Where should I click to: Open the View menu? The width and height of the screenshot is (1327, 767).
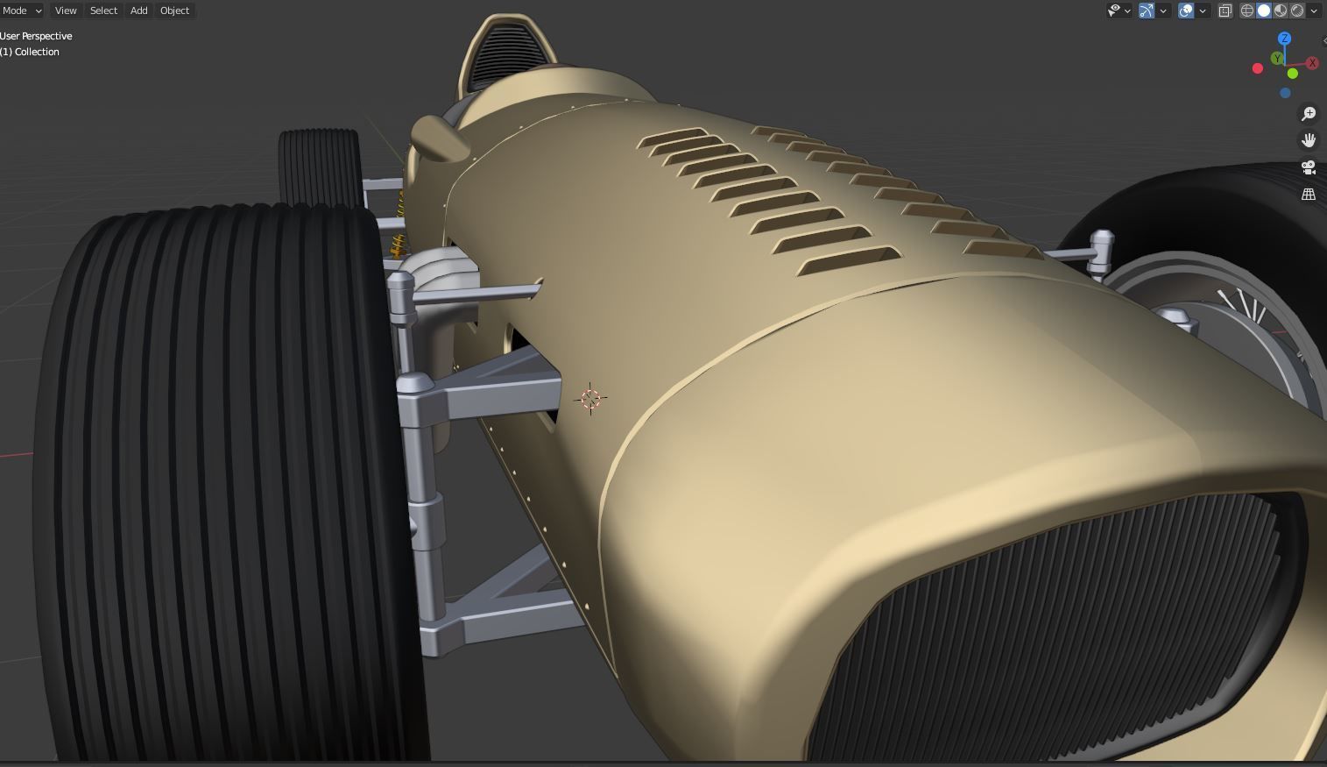coord(66,11)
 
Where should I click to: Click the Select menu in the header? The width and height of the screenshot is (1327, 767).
coord(103,11)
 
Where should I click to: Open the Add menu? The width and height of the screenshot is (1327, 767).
coord(138,11)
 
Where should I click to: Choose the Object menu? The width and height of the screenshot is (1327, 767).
coord(174,11)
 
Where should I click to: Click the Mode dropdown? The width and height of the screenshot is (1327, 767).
coord(21,11)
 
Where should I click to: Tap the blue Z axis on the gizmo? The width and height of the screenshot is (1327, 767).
coord(1285,39)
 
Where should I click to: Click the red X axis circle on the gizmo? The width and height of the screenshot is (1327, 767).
coord(1312,62)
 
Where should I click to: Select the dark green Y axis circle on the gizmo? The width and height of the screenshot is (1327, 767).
coord(1277,59)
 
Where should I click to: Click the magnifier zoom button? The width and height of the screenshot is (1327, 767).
coord(1309,114)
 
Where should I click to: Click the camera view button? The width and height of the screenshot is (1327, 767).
coord(1309,167)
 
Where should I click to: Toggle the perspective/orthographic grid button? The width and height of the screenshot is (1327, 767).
coord(1309,195)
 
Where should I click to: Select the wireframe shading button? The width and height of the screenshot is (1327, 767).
coord(1247,11)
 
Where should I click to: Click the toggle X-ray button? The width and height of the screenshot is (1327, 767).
coord(1225,11)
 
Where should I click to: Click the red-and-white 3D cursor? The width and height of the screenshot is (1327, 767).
coord(590,399)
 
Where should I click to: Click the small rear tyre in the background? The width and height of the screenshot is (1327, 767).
coord(319,167)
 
